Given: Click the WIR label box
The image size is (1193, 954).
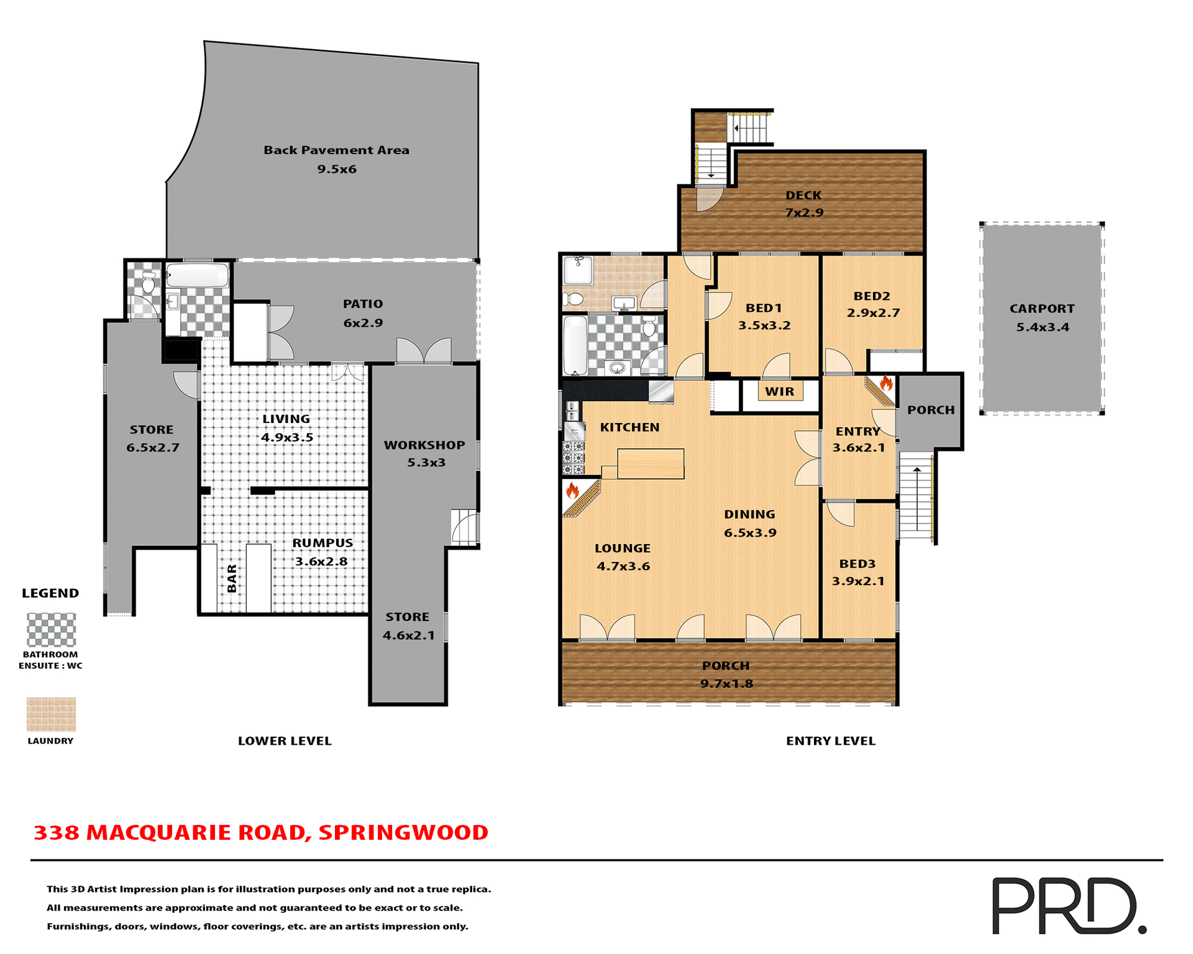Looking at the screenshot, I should point(780,391).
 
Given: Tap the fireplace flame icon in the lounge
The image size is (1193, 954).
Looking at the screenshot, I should point(572,491).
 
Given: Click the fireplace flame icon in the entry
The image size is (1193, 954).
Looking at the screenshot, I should point(886,383).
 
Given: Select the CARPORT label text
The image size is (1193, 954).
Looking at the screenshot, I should point(1042,309).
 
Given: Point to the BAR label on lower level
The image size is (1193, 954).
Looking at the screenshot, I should point(232,578).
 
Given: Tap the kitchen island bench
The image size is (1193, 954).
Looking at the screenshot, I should point(651,463).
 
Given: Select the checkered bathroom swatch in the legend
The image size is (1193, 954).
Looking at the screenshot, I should point(51,630).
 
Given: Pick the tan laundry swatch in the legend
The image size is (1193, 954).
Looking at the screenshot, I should point(51,714).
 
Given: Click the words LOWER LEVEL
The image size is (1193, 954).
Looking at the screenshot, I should point(285,741).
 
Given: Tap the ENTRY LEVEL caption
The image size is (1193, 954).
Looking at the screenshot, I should point(830,741).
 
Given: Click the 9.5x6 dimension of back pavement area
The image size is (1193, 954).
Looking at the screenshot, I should point(337,169).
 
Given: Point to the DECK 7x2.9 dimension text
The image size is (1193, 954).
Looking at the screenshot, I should point(804,212).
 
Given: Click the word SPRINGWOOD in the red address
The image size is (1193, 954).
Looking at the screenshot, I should point(403,833).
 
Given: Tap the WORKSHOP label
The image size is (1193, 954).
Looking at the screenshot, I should point(424,445).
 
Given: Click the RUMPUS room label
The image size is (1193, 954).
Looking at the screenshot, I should point(322,543).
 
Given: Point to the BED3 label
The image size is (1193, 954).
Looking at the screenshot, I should point(857,564).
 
